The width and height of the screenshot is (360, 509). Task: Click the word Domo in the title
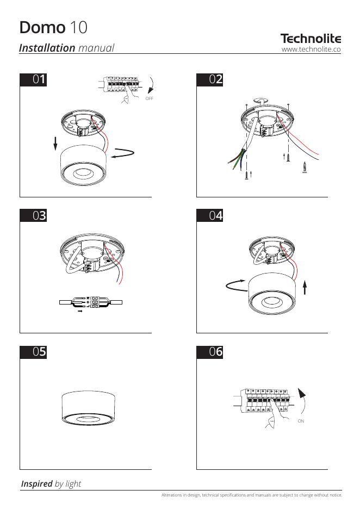[42, 27]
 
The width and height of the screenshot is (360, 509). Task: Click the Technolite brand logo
[311, 39]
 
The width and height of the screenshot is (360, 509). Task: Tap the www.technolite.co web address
[311, 49]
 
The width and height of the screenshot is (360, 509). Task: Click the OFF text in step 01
[150, 98]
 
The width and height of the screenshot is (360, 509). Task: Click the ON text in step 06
[301, 421]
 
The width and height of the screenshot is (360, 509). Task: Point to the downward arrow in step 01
[55, 144]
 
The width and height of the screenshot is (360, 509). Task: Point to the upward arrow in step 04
[305, 288]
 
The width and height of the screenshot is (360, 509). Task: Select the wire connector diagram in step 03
[91, 302]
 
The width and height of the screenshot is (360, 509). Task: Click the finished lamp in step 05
[88, 408]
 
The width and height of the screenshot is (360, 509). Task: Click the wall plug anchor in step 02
[305, 167]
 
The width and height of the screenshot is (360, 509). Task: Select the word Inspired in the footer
[36, 483]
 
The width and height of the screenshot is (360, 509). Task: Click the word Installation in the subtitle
[47, 48]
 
